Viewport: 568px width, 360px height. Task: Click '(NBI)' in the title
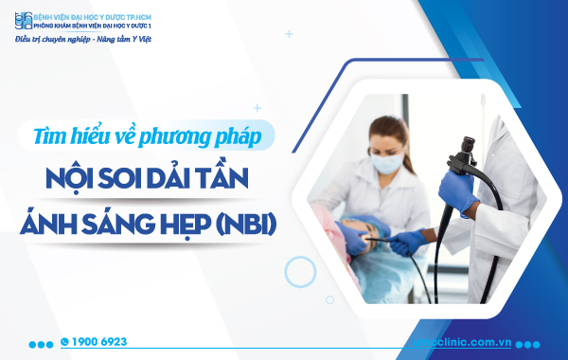coord(253,225)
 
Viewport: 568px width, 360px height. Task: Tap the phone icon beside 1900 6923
coord(64,341)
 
